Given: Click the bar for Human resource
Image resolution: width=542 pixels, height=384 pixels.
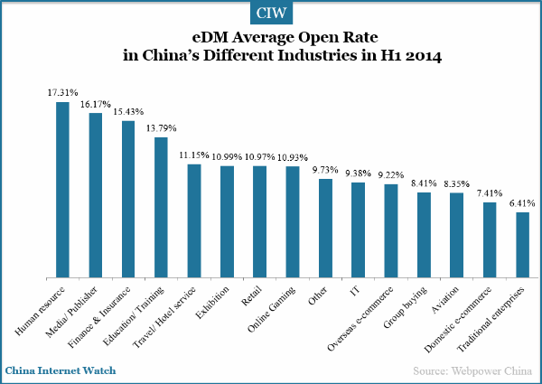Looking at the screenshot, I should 62,189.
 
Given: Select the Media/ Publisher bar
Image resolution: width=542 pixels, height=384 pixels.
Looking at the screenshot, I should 95,194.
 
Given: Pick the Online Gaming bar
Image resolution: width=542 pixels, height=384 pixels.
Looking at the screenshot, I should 292,221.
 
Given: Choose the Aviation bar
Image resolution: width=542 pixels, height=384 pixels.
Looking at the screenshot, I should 456,234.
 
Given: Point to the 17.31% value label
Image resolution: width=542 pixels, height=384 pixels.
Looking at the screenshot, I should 62,93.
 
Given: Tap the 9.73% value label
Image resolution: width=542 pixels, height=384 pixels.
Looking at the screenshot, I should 324,170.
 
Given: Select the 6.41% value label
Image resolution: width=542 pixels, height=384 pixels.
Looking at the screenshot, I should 522,204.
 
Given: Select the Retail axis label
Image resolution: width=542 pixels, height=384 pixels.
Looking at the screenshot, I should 252,295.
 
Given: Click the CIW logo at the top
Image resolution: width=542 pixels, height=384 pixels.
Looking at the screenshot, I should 270,14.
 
